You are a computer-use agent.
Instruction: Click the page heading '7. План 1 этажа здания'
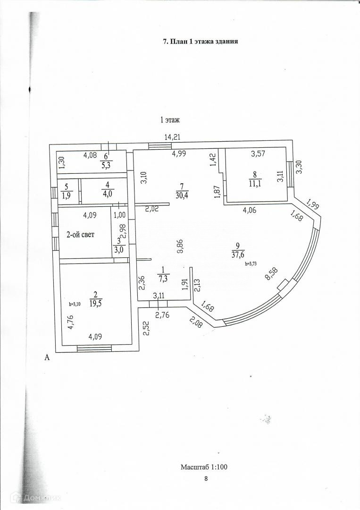200,42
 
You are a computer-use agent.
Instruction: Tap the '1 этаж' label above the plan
170,120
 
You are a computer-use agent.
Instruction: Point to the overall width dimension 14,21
173,137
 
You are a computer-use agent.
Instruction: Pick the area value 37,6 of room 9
237,255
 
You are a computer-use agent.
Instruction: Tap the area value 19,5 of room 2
96,304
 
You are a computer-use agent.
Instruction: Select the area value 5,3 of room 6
106,165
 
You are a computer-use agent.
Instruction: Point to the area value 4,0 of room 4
108,192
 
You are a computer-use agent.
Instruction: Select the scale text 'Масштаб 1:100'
204,467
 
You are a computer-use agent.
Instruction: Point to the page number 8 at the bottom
206,478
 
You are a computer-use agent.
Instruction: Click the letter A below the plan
47,358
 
